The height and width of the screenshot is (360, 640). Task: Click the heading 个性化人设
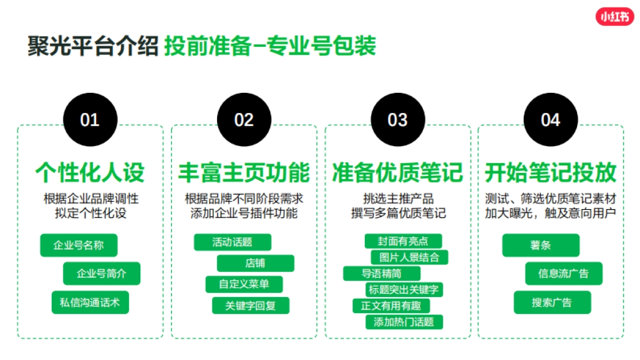90,173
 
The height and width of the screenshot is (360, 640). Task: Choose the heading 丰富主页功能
244,173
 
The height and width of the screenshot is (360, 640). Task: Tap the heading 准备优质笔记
397,173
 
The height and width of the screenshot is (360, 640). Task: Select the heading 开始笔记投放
550,173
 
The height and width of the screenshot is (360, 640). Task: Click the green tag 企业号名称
78,245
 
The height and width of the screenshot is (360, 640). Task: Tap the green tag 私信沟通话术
90,302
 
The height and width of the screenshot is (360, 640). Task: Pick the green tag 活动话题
233,242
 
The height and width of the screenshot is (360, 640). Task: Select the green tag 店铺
255,263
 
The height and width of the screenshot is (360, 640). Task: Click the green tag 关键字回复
250,306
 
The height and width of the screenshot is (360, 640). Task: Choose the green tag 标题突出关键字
404,290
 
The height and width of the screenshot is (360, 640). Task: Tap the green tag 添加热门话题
404,322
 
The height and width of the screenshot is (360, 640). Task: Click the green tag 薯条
541,245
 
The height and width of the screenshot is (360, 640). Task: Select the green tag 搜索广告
552,302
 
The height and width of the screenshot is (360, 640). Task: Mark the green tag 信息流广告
564,274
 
